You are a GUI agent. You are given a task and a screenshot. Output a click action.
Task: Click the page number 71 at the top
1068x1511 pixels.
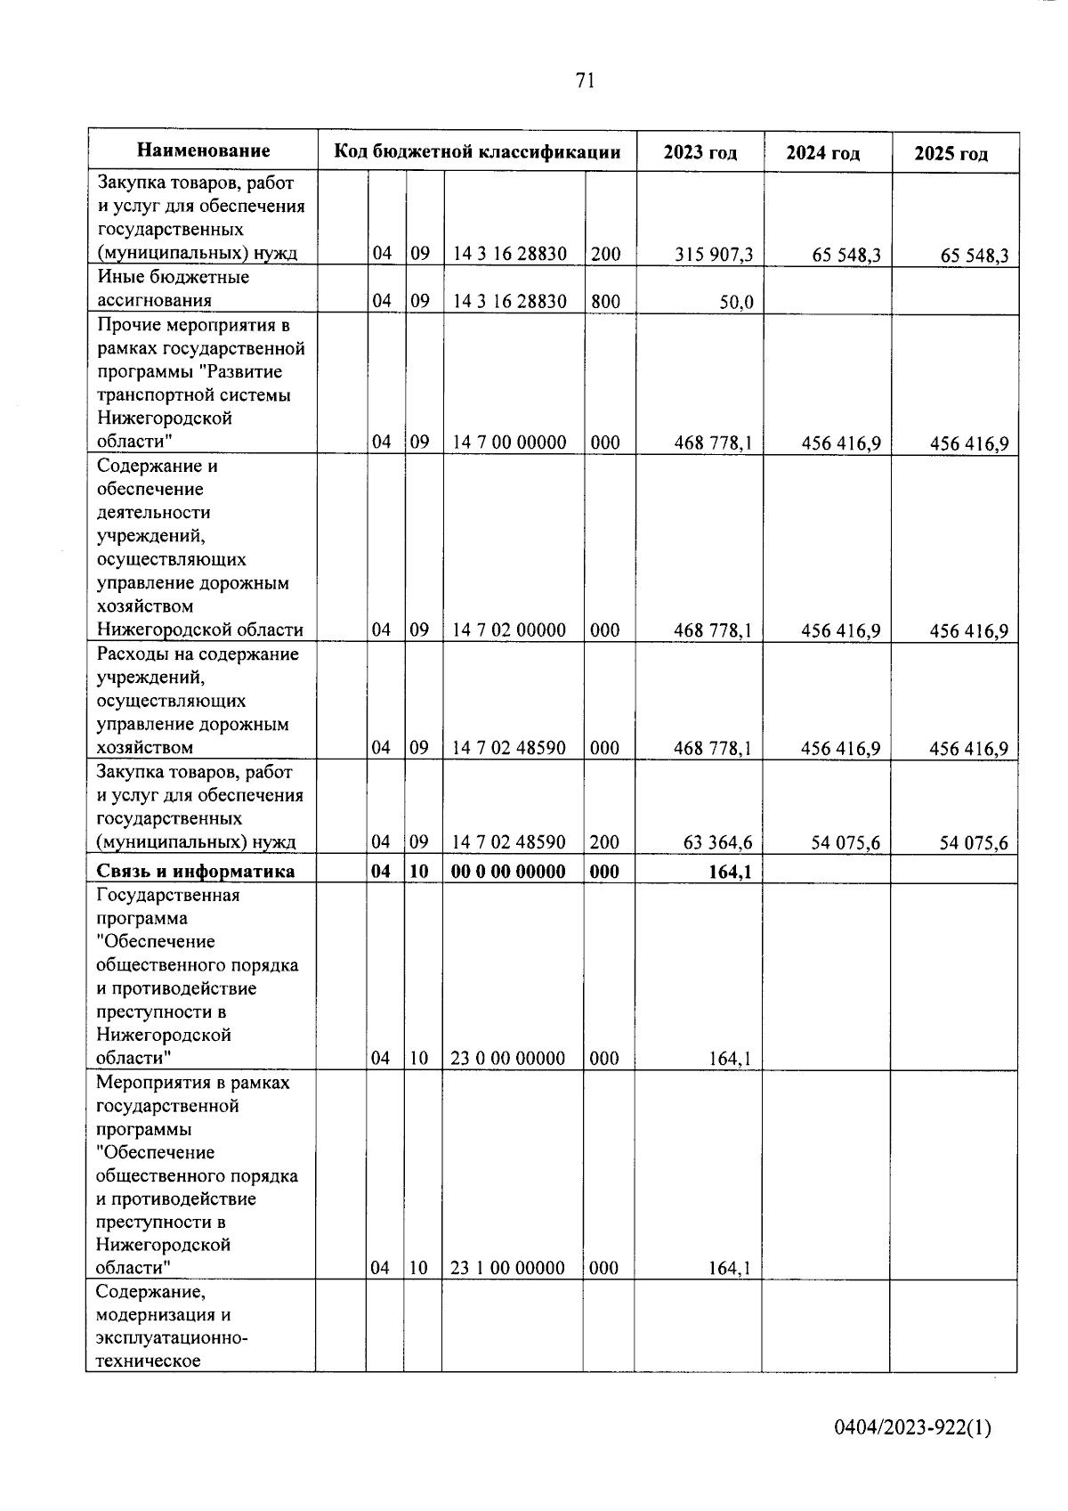pyautogui.click(x=584, y=81)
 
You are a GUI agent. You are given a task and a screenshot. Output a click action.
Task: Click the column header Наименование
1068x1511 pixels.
pyautogui.click(x=203, y=150)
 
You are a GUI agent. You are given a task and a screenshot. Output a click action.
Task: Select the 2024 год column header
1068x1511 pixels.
pyautogui.click(x=823, y=153)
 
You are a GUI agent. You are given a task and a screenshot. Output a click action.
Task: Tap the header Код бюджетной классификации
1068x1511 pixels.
pyautogui.click(x=477, y=151)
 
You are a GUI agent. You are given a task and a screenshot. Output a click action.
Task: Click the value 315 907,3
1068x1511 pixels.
pyautogui.click(x=714, y=255)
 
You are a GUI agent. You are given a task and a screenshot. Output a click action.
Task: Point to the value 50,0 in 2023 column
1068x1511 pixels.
pyautogui.click(x=736, y=302)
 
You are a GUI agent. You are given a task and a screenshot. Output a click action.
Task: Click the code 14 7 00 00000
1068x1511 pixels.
pyautogui.click(x=509, y=443)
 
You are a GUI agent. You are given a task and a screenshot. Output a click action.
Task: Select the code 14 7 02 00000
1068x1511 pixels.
pyautogui.click(x=509, y=630)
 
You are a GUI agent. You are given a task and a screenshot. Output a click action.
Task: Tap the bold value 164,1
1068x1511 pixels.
pyautogui.click(x=733, y=871)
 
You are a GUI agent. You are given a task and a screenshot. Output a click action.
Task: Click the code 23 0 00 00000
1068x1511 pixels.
pyautogui.click(x=508, y=1058)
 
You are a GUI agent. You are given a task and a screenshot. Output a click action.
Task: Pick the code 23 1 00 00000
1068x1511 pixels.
pyautogui.click(x=507, y=1268)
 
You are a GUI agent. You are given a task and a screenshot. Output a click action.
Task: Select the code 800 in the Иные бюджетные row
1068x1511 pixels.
pyautogui.click(x=605, y=301)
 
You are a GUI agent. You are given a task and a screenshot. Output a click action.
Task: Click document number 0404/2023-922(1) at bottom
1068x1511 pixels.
pyautogui.click(x=912, y=1427)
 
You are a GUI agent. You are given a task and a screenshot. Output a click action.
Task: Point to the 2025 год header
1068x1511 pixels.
pyautogui.click(x=951, y=153)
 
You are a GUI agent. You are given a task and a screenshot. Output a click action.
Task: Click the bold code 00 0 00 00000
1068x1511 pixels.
pyautogui.click(x=508, y=871)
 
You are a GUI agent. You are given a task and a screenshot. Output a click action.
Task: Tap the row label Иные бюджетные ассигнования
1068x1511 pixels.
pyautogui.click(x=173, y=288)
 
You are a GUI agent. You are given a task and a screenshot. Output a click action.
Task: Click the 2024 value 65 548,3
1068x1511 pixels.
pyautogui.click(x=846, y=256)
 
